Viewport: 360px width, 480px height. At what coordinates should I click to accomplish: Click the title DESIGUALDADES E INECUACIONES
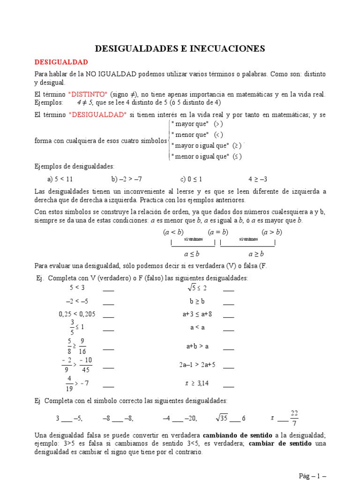coord(180,48)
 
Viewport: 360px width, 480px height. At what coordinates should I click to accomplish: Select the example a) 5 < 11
coord(60,179)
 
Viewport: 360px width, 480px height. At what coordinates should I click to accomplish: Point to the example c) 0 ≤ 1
coord(191,179)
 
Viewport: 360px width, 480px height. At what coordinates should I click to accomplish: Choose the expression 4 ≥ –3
coord(257,179)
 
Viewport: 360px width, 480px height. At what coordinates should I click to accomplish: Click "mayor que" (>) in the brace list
coord(197,124)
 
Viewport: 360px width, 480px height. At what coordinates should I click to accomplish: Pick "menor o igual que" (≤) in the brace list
coord(206,157)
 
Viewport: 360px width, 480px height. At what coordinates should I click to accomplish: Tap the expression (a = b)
coord(218,232)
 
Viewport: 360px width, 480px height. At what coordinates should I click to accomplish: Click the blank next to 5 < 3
coord(108,288)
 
